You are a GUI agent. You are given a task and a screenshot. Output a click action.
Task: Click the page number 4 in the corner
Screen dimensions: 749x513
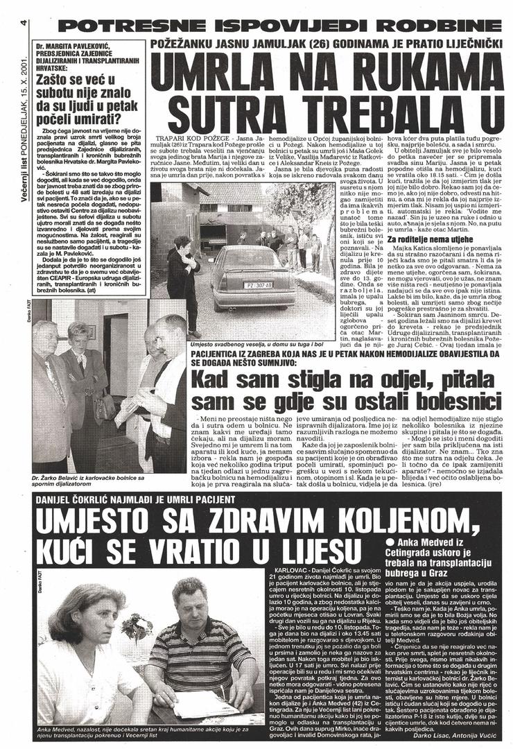(x=23, y=22)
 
